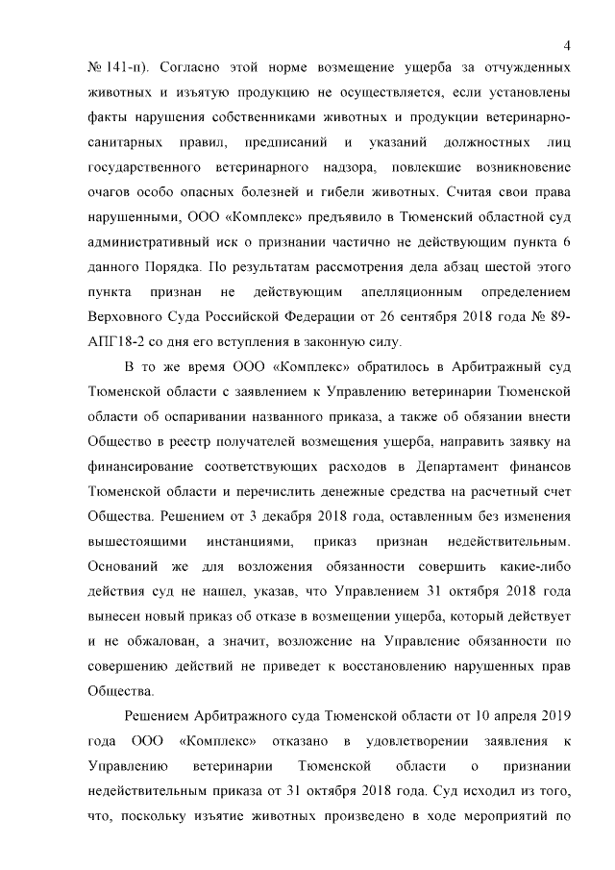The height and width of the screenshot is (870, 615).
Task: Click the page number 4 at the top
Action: point(567,44)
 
